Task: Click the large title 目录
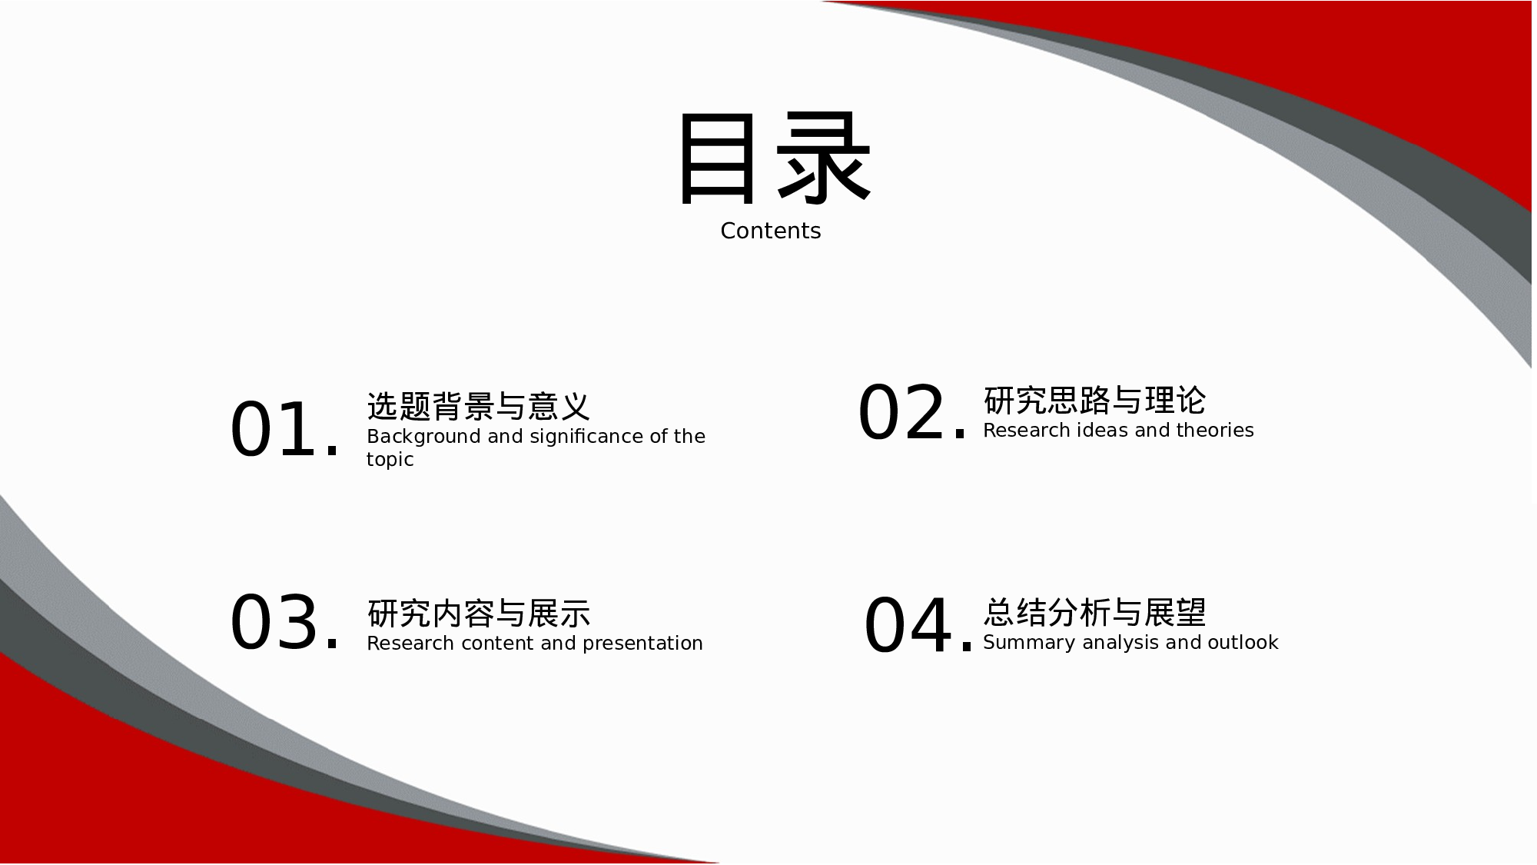pos(773,159)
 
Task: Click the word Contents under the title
pos(770,231)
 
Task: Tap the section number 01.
pos(284,430)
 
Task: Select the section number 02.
pos(911,414)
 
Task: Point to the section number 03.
pos(284,622)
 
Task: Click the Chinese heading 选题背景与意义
pos(478,406)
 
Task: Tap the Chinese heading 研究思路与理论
pos(1094,400)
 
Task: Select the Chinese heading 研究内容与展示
pos(479,614)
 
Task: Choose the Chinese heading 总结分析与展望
pos(1094,612)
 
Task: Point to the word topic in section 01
pos(390,460)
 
